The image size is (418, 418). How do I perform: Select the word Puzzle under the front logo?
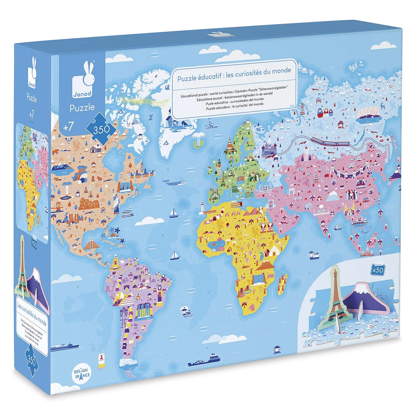tap(82, 108)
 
